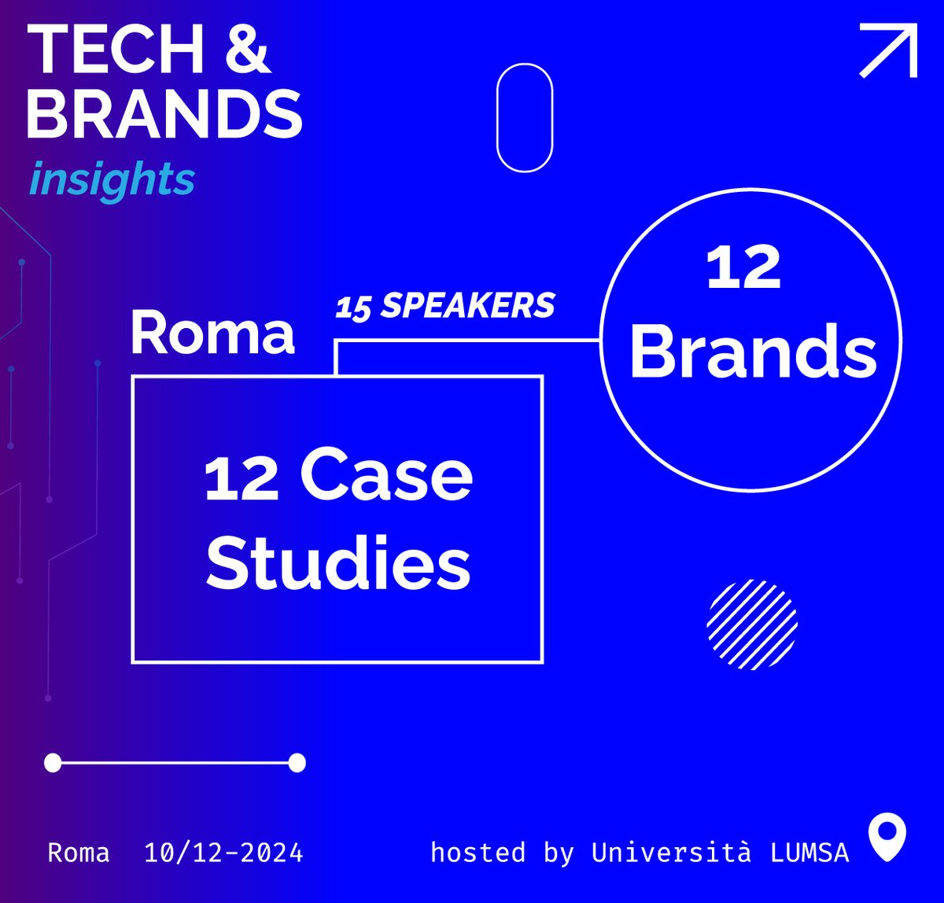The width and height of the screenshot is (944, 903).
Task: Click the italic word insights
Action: click(112, 179)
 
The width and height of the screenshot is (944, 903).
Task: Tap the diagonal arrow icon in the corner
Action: click(889, 50)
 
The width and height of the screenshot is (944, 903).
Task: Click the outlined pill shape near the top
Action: click(525, 118)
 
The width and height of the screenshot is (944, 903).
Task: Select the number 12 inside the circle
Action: click(743, 268)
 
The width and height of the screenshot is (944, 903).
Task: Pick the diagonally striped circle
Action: click(753, 625)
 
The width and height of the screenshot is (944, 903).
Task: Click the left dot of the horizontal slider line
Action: click(53, 762)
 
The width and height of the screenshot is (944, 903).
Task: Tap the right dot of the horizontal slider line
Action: click(297, 762)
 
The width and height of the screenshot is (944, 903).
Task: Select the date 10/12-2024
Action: click(223, 853)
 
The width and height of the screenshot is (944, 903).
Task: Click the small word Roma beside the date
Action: click(79, 853)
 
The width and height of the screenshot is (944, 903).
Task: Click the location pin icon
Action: click(887, 838)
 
